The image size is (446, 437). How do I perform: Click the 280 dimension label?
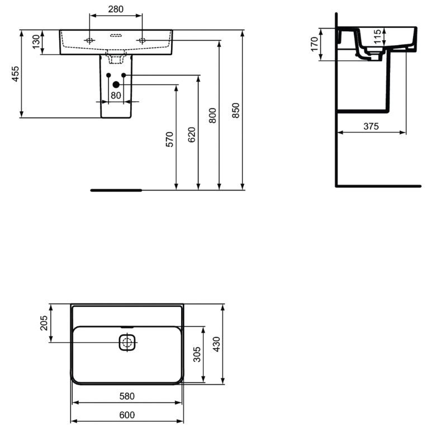[x=116, y=9]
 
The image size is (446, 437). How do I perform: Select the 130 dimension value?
[x=37, y=42]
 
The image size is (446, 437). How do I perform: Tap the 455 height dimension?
[x=16, y=74]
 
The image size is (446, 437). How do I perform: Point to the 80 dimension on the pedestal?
[x=116, y=95]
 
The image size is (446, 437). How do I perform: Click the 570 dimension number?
[x=169, y=139]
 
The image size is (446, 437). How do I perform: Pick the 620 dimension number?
[x=191, y=134]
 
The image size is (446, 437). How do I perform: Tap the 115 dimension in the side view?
[x=378, y=37]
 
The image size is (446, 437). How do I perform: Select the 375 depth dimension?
[x=371, y=127]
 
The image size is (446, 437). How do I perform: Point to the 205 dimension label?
[x=44, y=323]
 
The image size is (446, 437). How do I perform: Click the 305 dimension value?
[x=196, y=354]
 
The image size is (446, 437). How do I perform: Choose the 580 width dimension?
[x=127, y=396]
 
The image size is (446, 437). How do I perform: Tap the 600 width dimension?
[x=127, y=415]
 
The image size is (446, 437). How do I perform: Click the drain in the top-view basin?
[x=127, y=343]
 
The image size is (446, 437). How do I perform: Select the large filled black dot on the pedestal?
[x=116, y=84]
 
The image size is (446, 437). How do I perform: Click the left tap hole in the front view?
[x=89, y=40]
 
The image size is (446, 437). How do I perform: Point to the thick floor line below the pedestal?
[x=116, y=190]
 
